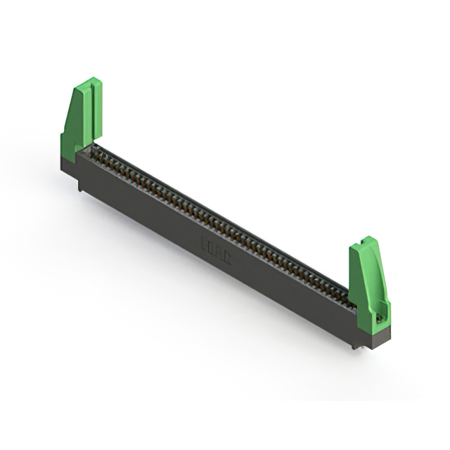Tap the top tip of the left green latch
[92, 80]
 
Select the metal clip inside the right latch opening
[380, 317]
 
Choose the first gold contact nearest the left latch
[94, 150]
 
